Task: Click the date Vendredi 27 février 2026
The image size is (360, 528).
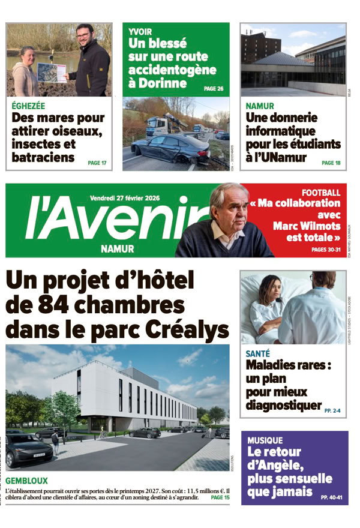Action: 129,197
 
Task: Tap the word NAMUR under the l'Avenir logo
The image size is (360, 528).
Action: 117,249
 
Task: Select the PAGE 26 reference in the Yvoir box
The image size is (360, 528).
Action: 214,89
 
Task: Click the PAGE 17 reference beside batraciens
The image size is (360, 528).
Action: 97,163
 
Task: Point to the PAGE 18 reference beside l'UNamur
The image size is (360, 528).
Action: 331,163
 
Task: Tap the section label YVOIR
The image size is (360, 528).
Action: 140,31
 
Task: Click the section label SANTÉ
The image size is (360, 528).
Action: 258,354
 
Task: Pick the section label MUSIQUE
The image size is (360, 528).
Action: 265,440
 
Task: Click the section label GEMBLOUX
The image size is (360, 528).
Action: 26,481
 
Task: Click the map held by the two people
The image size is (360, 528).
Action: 52,73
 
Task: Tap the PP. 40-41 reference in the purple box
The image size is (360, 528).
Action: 332,497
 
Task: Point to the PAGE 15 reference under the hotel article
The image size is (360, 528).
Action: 220,497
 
